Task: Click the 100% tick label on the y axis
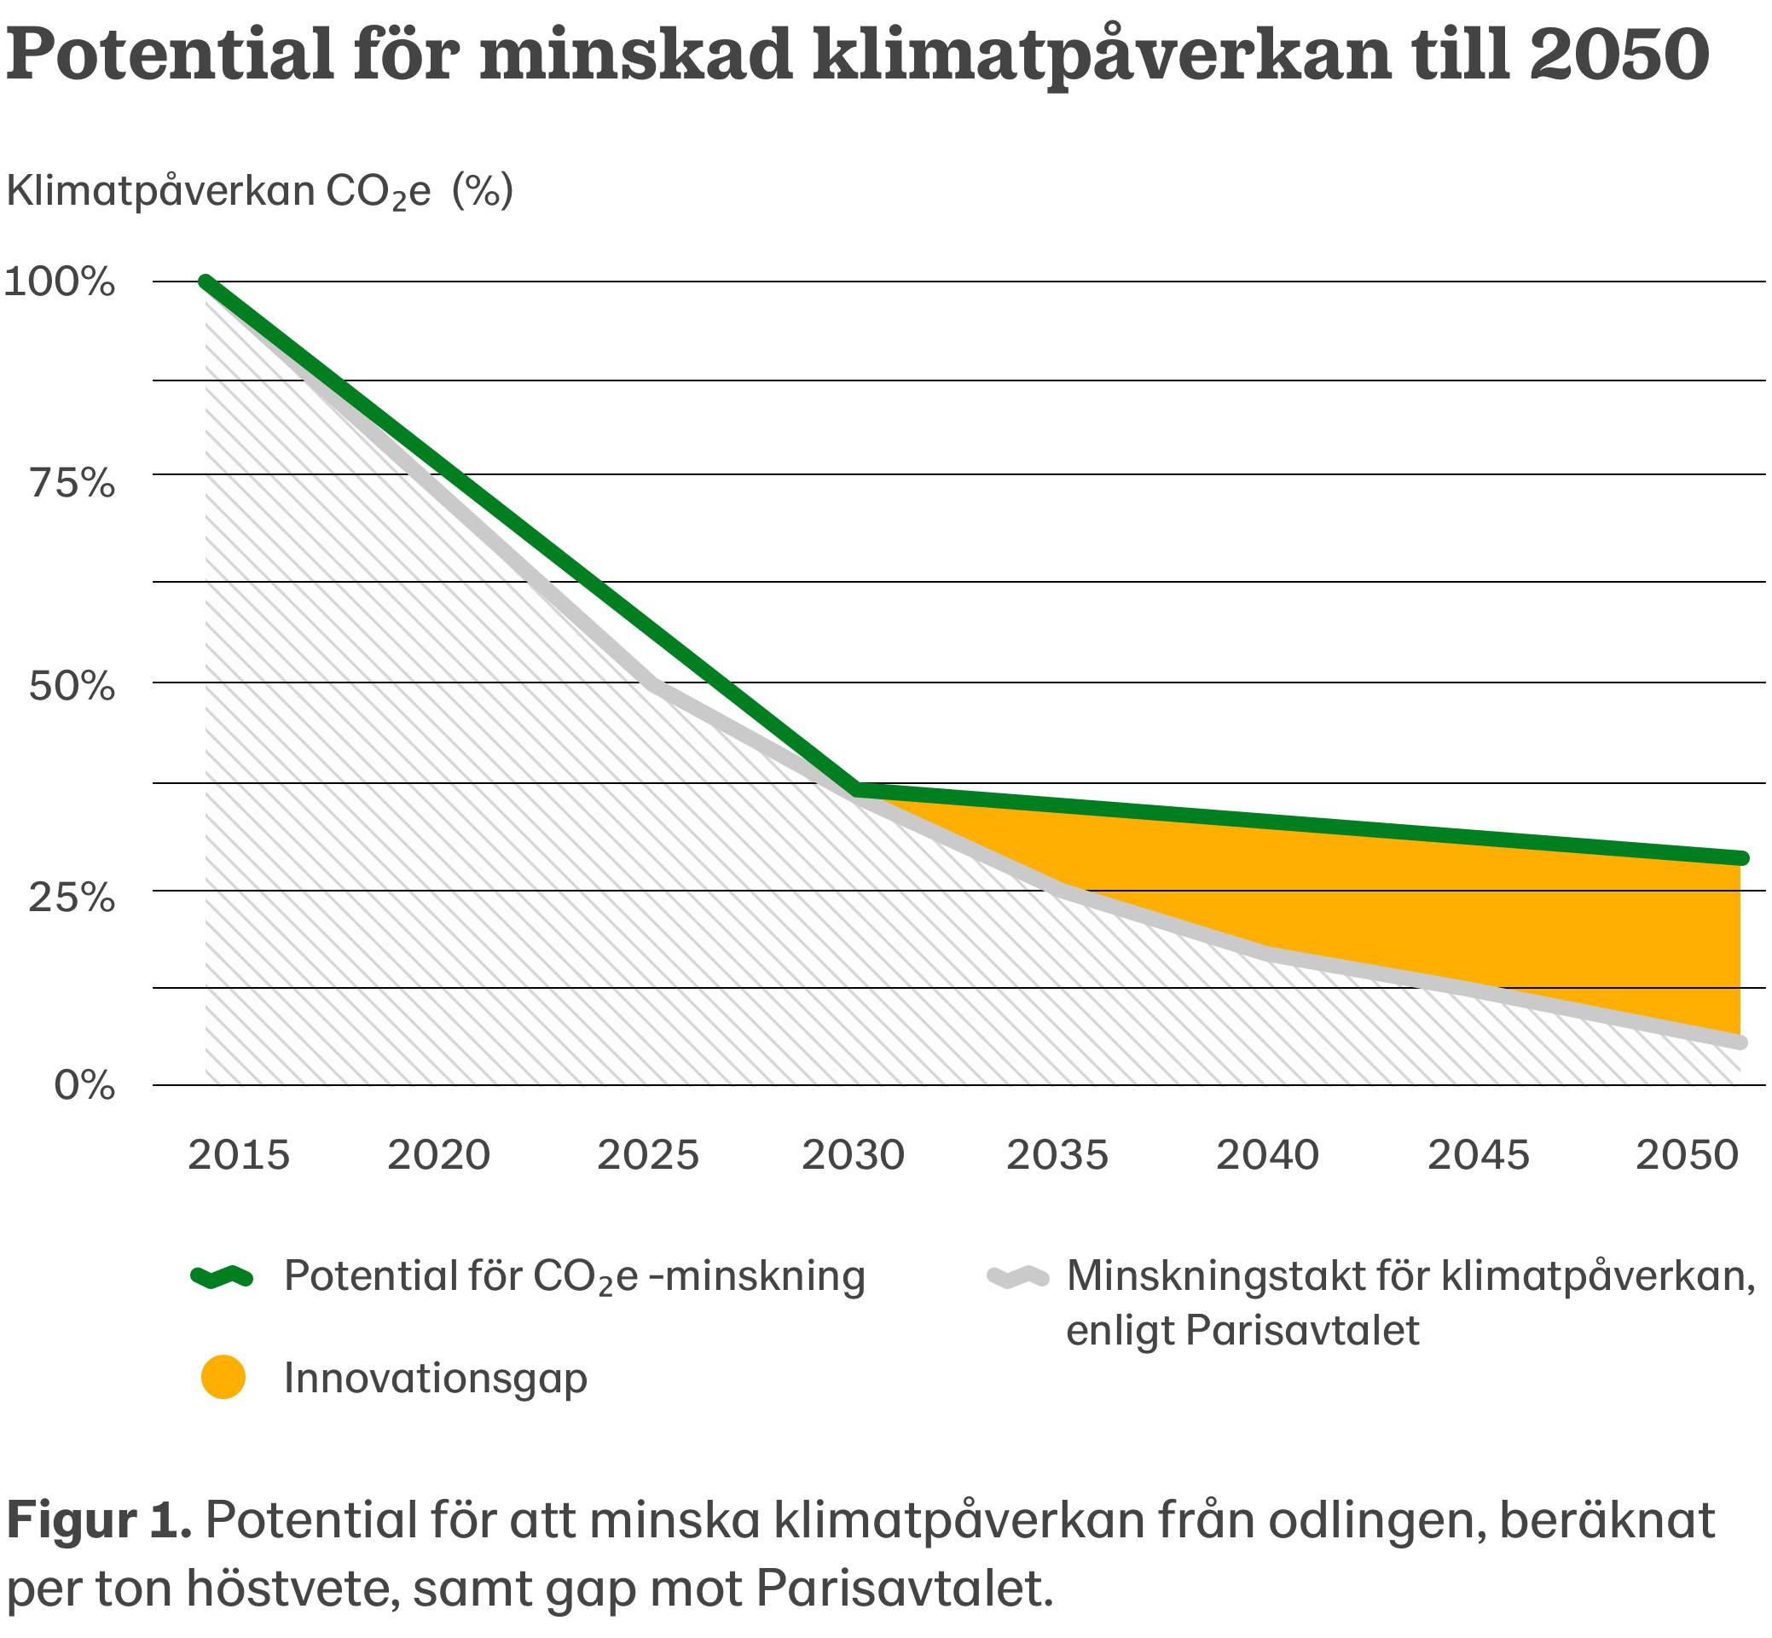pos(60,282)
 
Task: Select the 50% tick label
pos(72,686)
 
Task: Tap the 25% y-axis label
pos(72,897)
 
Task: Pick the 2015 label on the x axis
pos(238,1155)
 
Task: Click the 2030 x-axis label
pos(853,1155)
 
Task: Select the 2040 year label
pos(1267,1155)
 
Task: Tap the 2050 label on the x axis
pos(1687,1155)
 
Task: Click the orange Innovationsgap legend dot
pos(223,1378)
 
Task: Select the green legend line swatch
pos(223,1276)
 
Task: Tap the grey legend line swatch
pos(1018,1276)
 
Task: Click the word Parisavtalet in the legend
pos(1302,1330)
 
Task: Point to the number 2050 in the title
pos(1619,53)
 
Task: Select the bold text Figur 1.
pos(99,1520)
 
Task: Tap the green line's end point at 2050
pos(1741,858)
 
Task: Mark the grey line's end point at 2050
pos(1741,1043)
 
